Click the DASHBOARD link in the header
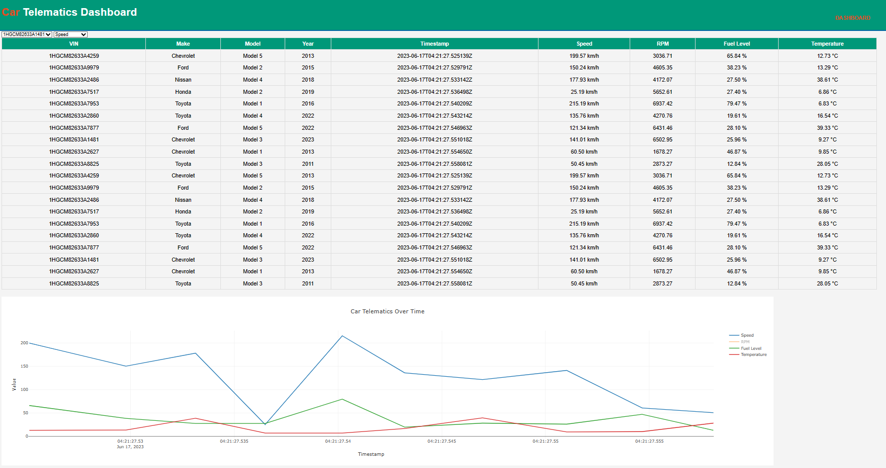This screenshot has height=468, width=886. pos(853,18)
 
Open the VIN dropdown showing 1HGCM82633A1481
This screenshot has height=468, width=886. pos(27,34)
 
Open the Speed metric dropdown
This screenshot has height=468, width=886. pos(70,34)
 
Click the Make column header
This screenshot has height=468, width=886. pos(183,44)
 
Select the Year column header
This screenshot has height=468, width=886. pos(308,44)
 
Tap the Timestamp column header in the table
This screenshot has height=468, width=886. pos(434,44)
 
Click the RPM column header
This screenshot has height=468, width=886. pos(663,44)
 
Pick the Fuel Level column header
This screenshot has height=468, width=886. pos(737,44)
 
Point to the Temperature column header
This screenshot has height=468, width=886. pos(827,44)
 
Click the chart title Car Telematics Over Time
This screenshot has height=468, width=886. pos(388,311)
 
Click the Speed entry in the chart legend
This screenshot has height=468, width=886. pos(747,335)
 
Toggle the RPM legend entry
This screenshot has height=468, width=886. pos(745,342)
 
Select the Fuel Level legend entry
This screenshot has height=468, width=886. pos(751,348)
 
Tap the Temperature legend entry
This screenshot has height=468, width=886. pos(753,354)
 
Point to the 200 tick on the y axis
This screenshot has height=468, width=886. pos(24,343)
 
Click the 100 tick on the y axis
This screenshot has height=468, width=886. pos(24,389)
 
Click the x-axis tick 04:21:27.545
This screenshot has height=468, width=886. pos(442,441)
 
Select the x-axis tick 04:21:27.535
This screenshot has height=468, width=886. pos(234,441)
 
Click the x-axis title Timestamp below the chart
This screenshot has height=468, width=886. pos(371,454)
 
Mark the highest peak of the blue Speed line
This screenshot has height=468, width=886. pos(342,336)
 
